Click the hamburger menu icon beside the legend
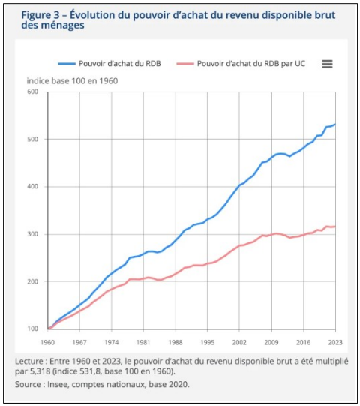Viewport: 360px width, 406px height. coord(327,64)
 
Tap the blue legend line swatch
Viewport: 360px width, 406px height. coord(67,64)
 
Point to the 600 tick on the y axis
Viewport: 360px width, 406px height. coord(32,92)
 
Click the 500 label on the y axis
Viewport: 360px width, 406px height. coord(32,139)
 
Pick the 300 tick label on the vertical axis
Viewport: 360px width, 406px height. coord(32,234)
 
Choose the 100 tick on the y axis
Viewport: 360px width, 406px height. coord(32,329)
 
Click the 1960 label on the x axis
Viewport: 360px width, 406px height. coord(47,342)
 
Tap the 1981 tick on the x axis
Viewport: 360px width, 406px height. coord(143,342)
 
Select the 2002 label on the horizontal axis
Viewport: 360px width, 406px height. coord(239,342)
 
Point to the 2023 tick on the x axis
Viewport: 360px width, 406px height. coord(335,342)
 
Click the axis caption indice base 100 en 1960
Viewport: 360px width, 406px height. coord(72,81)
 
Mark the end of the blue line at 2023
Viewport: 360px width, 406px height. coord(336,125)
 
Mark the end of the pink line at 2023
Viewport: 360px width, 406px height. coord(336,227)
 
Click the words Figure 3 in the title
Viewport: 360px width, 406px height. coord(40,15)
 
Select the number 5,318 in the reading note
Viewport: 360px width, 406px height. coord(40,371)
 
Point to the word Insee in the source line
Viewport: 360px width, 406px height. coord(58,384)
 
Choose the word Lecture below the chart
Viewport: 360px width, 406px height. coord(29,361)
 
